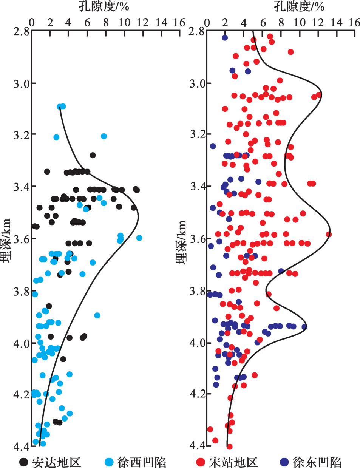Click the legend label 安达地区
[56, 462]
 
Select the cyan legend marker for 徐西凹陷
[109, 462]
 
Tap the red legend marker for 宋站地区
[201, 462]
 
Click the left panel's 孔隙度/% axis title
[104, 6]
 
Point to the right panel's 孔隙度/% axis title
[299, 6]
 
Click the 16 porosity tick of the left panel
[179, 23]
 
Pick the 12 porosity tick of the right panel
[318, 23]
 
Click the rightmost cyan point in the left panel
[139, 238]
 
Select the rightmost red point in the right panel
[329, 234]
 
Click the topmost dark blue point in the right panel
[225, 37]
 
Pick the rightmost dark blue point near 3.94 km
[304, 327]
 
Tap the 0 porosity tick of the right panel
[207, 23]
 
